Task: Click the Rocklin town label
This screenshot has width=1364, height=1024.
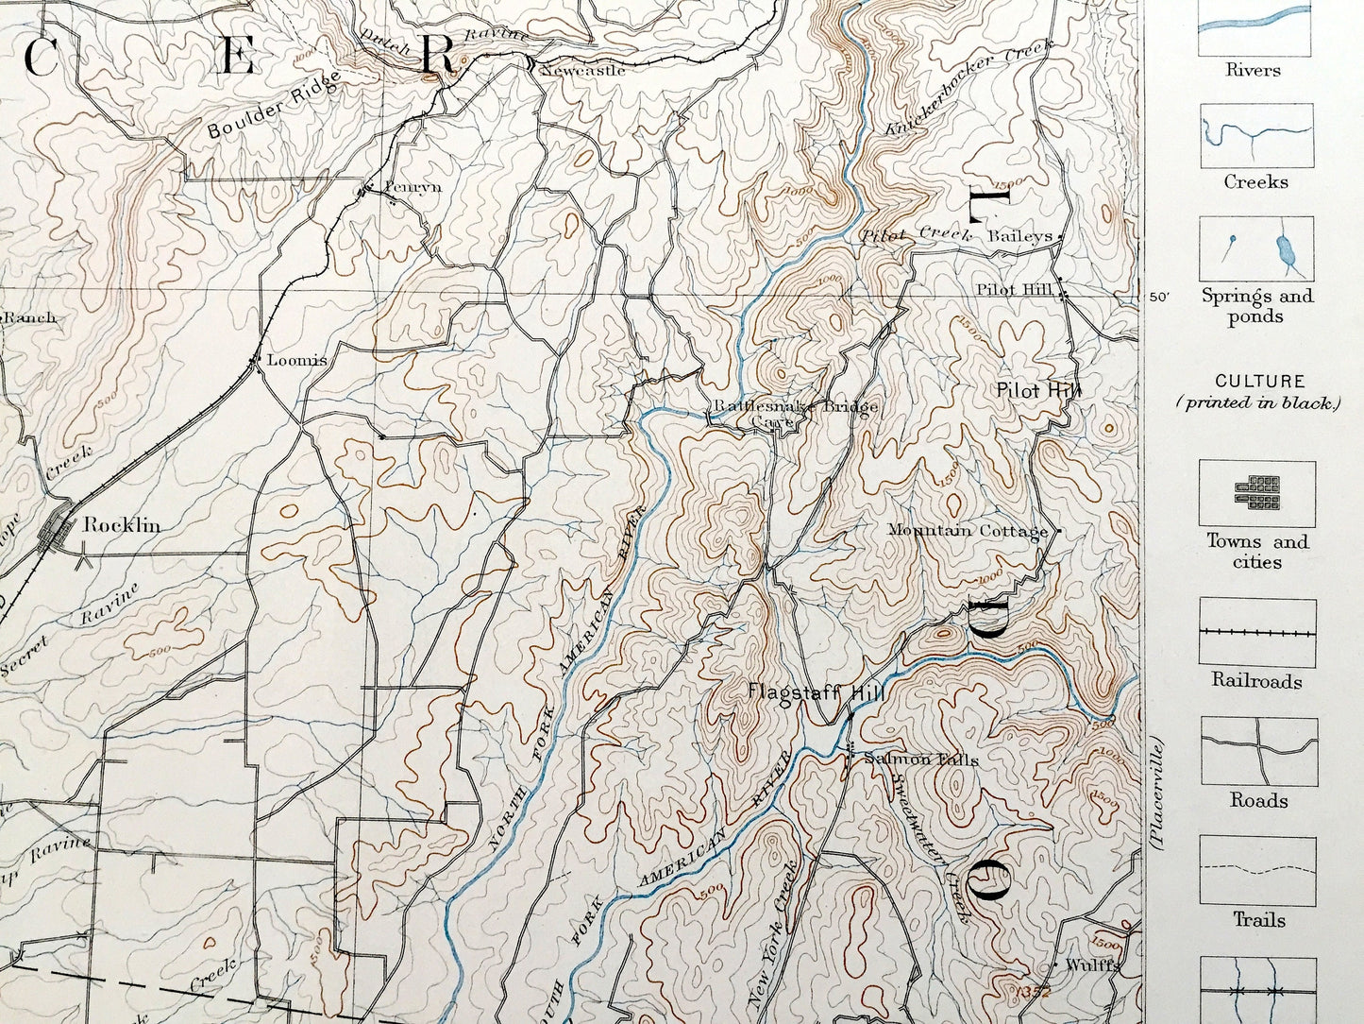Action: [x=121, y=525]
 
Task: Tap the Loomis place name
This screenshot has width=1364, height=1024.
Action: [x=296, y=360]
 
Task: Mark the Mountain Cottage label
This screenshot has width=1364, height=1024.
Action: [x=968, y=531]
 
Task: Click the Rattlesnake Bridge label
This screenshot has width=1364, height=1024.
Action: [x=795, y=407]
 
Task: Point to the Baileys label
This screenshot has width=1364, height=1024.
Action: [x=1019, y=236]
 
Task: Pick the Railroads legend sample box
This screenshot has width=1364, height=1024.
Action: [x=1257, y=632]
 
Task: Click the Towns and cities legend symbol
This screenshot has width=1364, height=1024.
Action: [x=1257, y=492]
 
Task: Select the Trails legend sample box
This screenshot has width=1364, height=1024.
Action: [x=1257, y=869]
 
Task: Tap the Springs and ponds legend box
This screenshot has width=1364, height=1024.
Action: [x=1257, y=250]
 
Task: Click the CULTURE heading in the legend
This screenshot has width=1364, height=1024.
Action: [x=1259, y=382]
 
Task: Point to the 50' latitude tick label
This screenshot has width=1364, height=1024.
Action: [x=1158, y=297]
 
